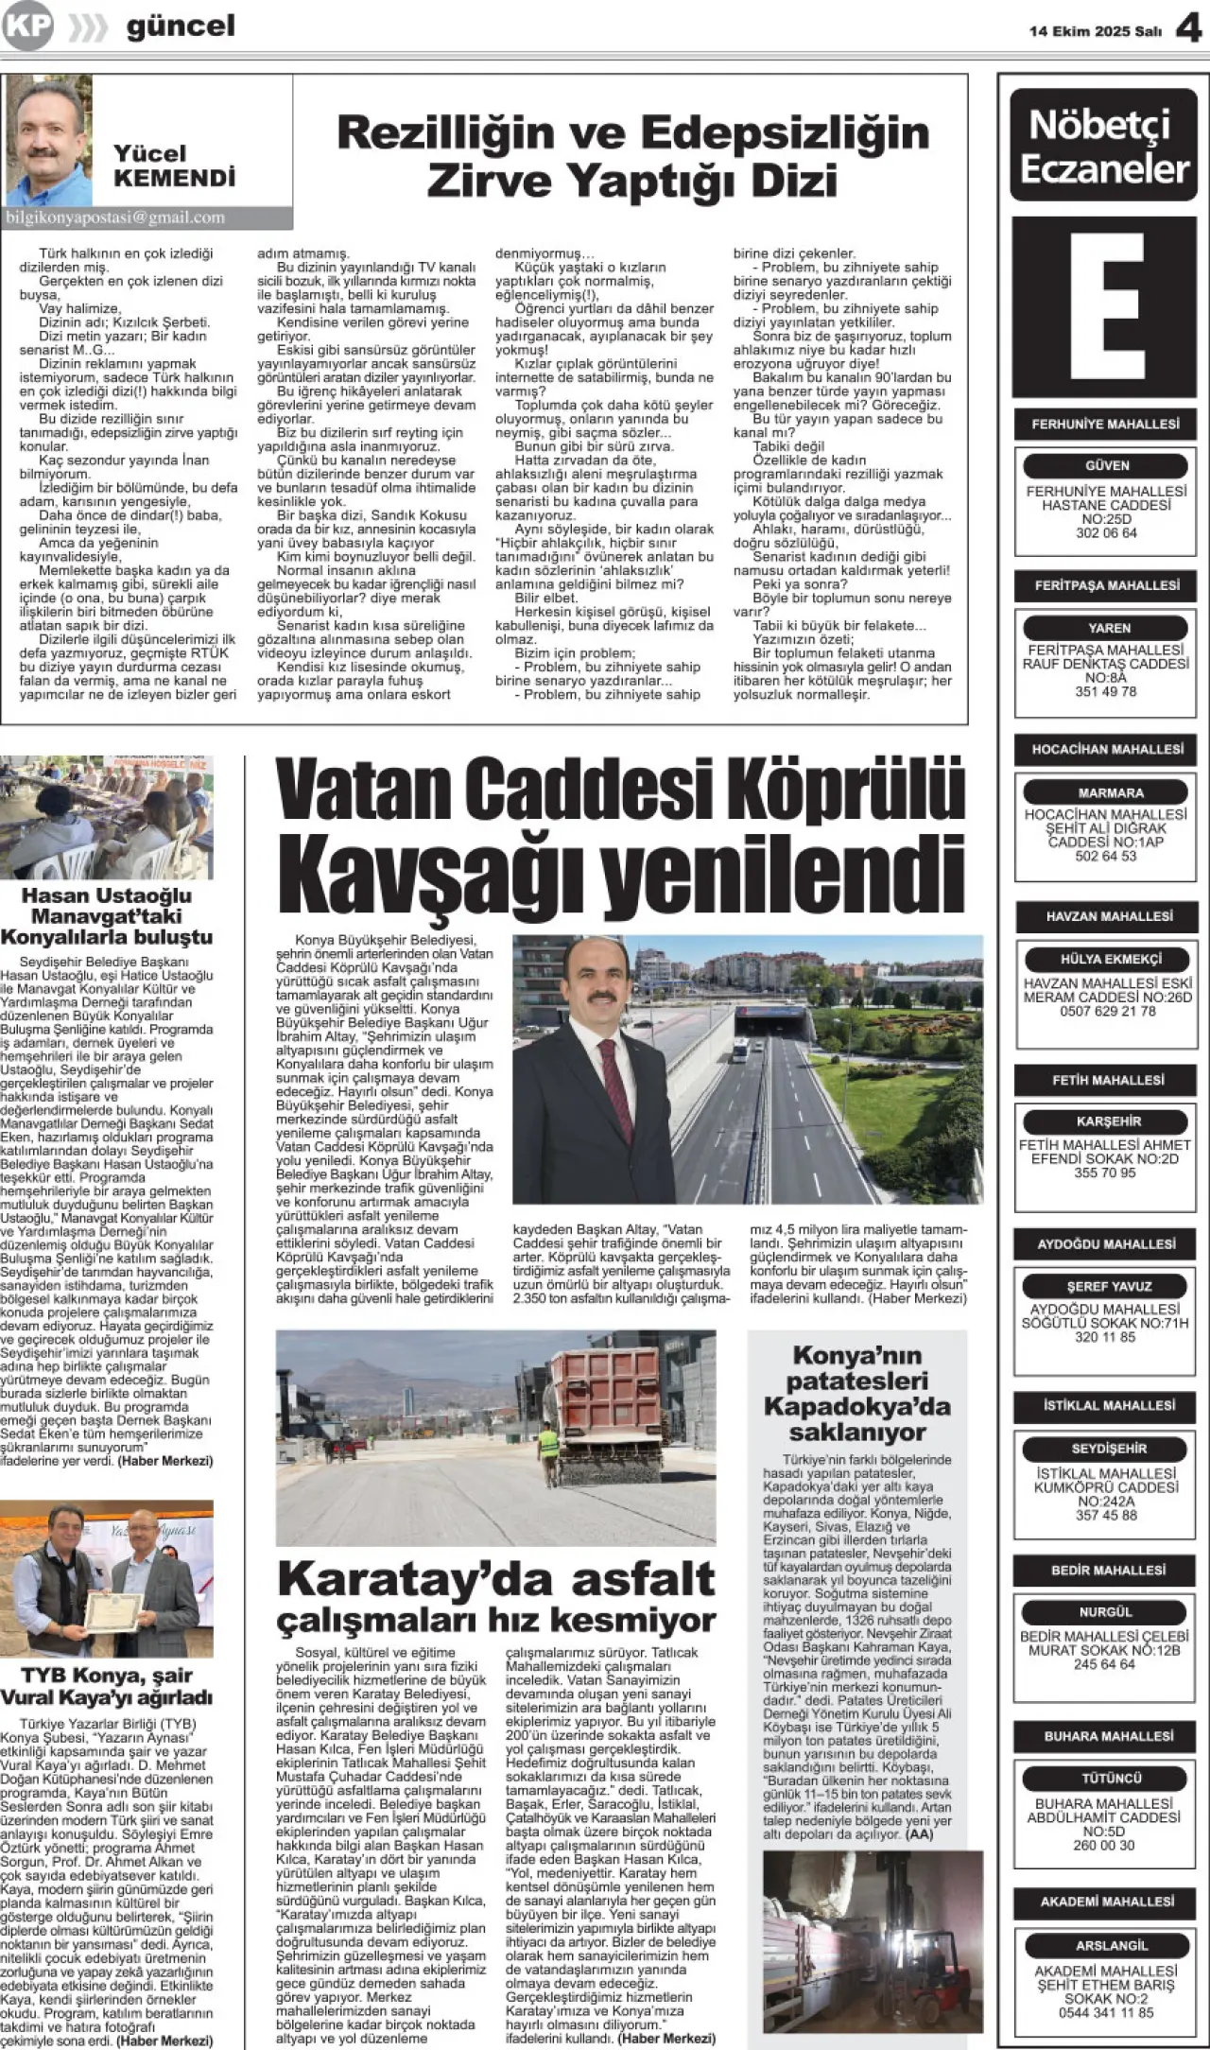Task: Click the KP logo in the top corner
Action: point(26,26)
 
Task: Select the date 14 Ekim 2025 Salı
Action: point(1095,31)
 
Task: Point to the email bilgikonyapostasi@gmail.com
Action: point(115,217)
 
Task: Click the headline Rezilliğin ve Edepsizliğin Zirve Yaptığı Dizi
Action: point(632,155)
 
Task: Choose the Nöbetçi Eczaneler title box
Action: point(1104,146)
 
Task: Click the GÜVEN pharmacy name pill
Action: point(1106,465)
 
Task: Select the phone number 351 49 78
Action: point(1105,691)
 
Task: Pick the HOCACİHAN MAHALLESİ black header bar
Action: point(1106,749)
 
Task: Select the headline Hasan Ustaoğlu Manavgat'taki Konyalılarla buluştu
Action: point(107,915)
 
